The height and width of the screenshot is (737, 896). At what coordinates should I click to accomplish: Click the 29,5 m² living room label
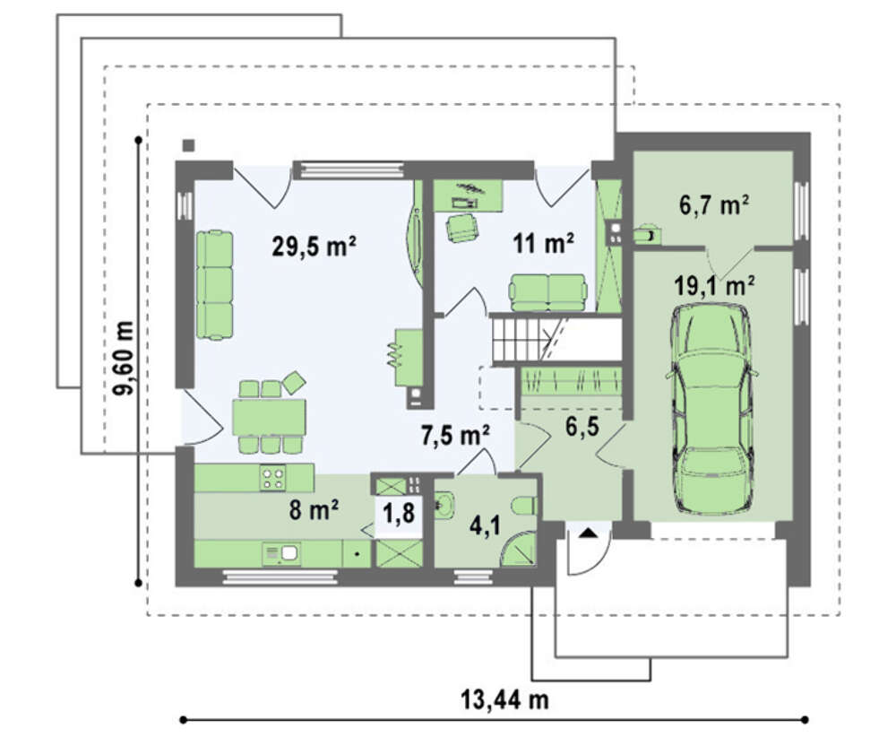tap(314, 247)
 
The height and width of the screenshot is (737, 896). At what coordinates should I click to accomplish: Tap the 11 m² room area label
tap(543, 244)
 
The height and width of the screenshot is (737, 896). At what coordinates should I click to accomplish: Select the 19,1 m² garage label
tap(714, 285)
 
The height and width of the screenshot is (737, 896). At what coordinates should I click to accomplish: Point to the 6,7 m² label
tap(714, 204)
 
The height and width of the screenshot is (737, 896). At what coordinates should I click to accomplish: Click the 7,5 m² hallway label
tap(455, 436)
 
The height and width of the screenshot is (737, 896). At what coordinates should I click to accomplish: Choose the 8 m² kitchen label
tap(314, 509)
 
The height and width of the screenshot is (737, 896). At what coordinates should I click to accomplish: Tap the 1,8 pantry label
tap(399, 513)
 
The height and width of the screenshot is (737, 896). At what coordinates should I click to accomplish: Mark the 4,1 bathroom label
tap(485, 525)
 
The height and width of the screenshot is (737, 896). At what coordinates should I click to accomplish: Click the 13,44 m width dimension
tap(504, 699)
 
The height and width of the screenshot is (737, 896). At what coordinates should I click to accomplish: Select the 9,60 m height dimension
tap(124, 358)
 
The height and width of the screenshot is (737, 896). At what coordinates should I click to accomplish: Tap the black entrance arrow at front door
tap(590, 533)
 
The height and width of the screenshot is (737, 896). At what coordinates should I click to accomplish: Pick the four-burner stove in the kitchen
tap(272, 478)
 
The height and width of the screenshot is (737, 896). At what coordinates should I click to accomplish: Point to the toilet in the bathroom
tap(524, 506)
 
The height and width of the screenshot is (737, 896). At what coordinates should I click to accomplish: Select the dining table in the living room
tap(269, 417)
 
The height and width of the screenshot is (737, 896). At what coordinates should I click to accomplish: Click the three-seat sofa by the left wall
tap(214, 285)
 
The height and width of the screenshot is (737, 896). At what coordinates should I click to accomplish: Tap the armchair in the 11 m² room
tap(461, 228)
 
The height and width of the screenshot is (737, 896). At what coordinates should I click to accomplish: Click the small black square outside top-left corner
tap(188, 146)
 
